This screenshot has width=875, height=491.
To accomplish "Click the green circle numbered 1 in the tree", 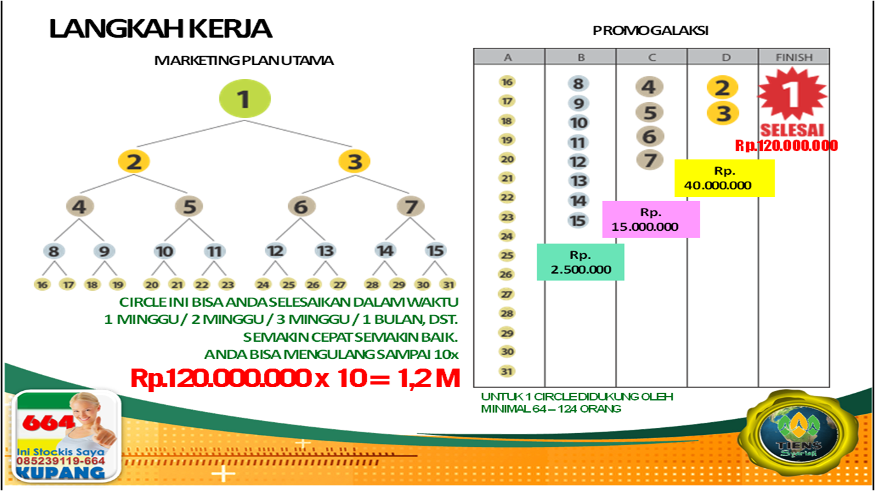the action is pos(245,99).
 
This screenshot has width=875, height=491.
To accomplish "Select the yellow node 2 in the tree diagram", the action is pos(134,161).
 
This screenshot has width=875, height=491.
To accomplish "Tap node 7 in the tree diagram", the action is pos(411,207).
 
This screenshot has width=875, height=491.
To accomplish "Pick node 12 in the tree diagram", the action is pos(275,251).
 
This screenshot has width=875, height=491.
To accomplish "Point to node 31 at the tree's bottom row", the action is pos(448,284).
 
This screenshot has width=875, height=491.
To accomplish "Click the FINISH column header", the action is pos(794,57).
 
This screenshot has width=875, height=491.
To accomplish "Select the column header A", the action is pos(508,57).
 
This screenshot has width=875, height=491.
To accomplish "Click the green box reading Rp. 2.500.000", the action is pos(580,262).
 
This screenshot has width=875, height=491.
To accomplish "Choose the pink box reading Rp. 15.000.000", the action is pos(651,219).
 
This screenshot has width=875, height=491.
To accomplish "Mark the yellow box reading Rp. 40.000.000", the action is pos(724,179).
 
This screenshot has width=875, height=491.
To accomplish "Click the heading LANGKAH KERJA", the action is pos(161,29).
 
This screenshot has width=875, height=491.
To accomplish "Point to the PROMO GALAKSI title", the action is pos(651,31).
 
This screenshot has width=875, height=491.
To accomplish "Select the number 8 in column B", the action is pos(578,84).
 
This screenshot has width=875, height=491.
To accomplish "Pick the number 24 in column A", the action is pos(508,236).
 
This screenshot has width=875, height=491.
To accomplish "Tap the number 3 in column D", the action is pos(723,114).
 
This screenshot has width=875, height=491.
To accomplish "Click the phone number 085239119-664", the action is pos(61,460).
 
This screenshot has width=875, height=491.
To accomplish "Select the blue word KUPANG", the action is pos(61,473).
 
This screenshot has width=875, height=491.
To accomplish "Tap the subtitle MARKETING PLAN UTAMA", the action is pos(244,61).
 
